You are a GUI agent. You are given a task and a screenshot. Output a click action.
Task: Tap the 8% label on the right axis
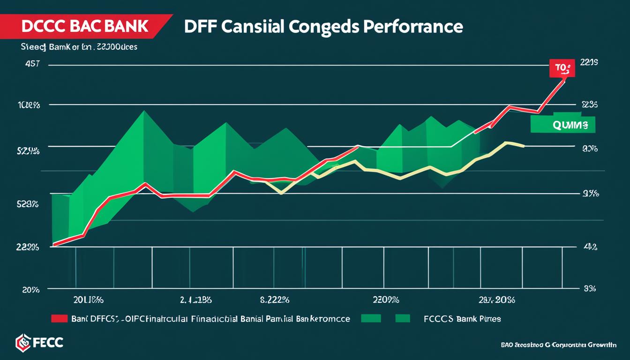(x=589, y=289)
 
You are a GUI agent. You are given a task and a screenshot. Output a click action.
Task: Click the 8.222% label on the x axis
(x=274, y=299)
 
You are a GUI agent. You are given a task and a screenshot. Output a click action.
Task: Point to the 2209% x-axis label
(x=386, y=299)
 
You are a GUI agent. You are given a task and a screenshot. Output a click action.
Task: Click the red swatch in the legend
(x=60, y=319)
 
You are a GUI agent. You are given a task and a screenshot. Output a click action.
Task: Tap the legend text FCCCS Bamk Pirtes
(x=462, y=319)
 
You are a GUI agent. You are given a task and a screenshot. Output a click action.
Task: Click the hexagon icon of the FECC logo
(x=22, y=342)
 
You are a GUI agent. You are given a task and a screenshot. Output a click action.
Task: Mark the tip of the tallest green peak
(x=144, y=111)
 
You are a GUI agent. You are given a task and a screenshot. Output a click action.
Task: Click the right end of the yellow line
(x=524, y=146)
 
